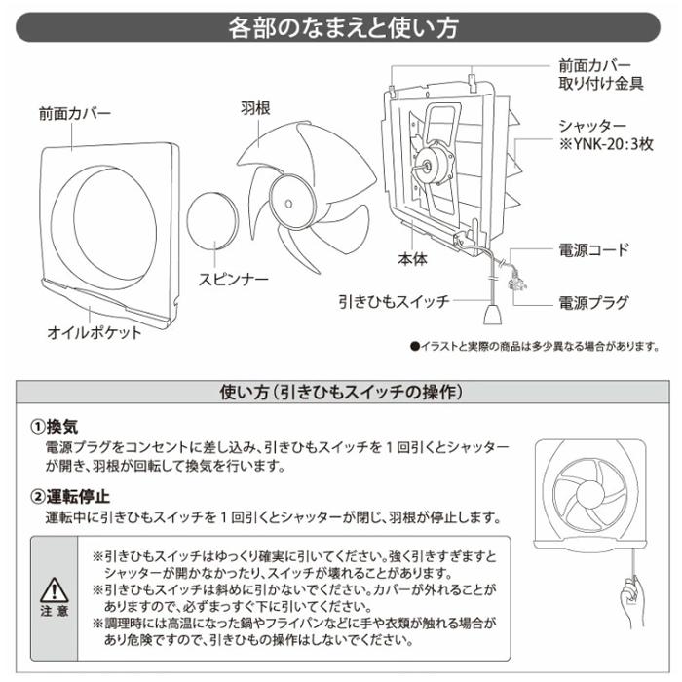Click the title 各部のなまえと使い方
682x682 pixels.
click(341, 26)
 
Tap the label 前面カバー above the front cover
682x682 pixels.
click(75, 113)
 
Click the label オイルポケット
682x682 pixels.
click(95, 332)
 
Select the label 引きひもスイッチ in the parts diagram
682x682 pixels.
click(395, 301)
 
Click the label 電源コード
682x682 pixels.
click(594, 250)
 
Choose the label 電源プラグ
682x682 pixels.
click(594, 301)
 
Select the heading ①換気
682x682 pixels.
click(60, 428)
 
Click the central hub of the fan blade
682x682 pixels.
click(291, 198)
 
